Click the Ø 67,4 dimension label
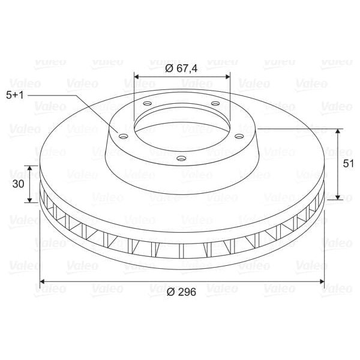point(181,68)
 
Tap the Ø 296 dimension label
point(181,292)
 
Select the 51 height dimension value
point(348,164)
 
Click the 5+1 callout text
point(15,95)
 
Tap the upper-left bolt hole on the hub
point(148,103)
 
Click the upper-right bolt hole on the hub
point(215,104)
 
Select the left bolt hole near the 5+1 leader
point(123,137)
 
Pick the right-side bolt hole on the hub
point(239,137)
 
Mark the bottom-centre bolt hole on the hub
point(181,158)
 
